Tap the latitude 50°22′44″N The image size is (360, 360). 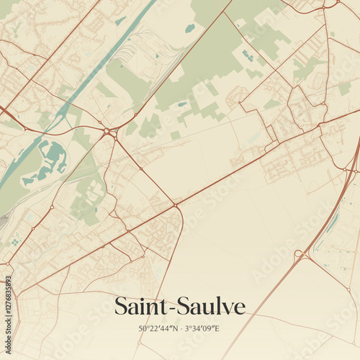click(158, 328)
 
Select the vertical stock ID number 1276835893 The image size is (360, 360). click(8, 303)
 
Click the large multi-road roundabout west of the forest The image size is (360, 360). click(109, 132)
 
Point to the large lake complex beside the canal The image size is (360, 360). click(50, 160)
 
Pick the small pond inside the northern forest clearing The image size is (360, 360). click(189, 28)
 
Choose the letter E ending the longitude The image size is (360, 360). click(217, 328)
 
